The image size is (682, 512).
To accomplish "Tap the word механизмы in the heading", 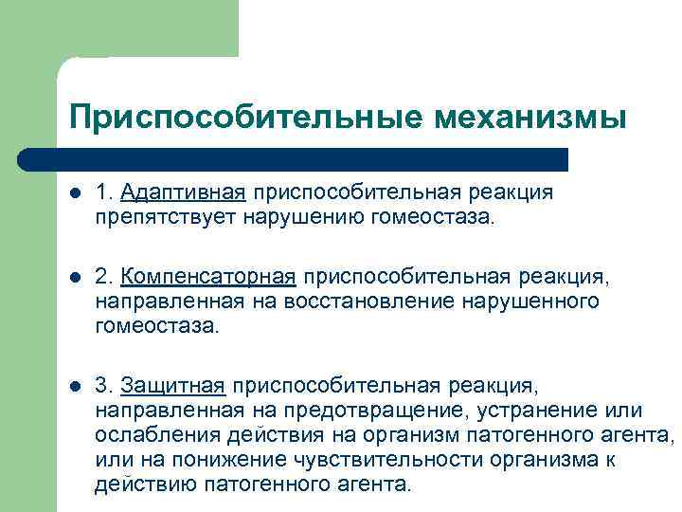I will click(x=530, y=119).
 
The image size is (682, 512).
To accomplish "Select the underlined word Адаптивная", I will click(x=184, y=192).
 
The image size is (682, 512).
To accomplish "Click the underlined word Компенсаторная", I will click(x=209, y=277).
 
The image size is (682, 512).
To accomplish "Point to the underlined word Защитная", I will click(x=173, y=386).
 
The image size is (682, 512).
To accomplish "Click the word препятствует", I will click(x=148, y=217).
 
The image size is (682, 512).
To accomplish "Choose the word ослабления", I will click(x=157, y=435).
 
